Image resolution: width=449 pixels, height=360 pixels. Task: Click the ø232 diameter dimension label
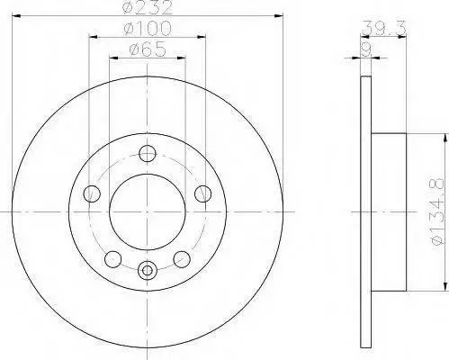click(148, 7)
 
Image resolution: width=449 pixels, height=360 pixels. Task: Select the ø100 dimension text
click(148, 29)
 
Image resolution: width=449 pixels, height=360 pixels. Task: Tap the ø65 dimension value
click(148, 49)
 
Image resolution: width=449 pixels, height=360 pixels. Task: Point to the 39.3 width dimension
click(383, 29)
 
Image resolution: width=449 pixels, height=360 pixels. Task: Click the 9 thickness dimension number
click(365, 49)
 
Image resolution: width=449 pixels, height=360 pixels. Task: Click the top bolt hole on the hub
click(148, 154)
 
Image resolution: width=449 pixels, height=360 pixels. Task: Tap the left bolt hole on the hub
click(92, 193)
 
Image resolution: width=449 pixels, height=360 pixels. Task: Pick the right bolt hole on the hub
click(202, 193)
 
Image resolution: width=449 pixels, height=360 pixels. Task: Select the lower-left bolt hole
click(112, 259)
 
